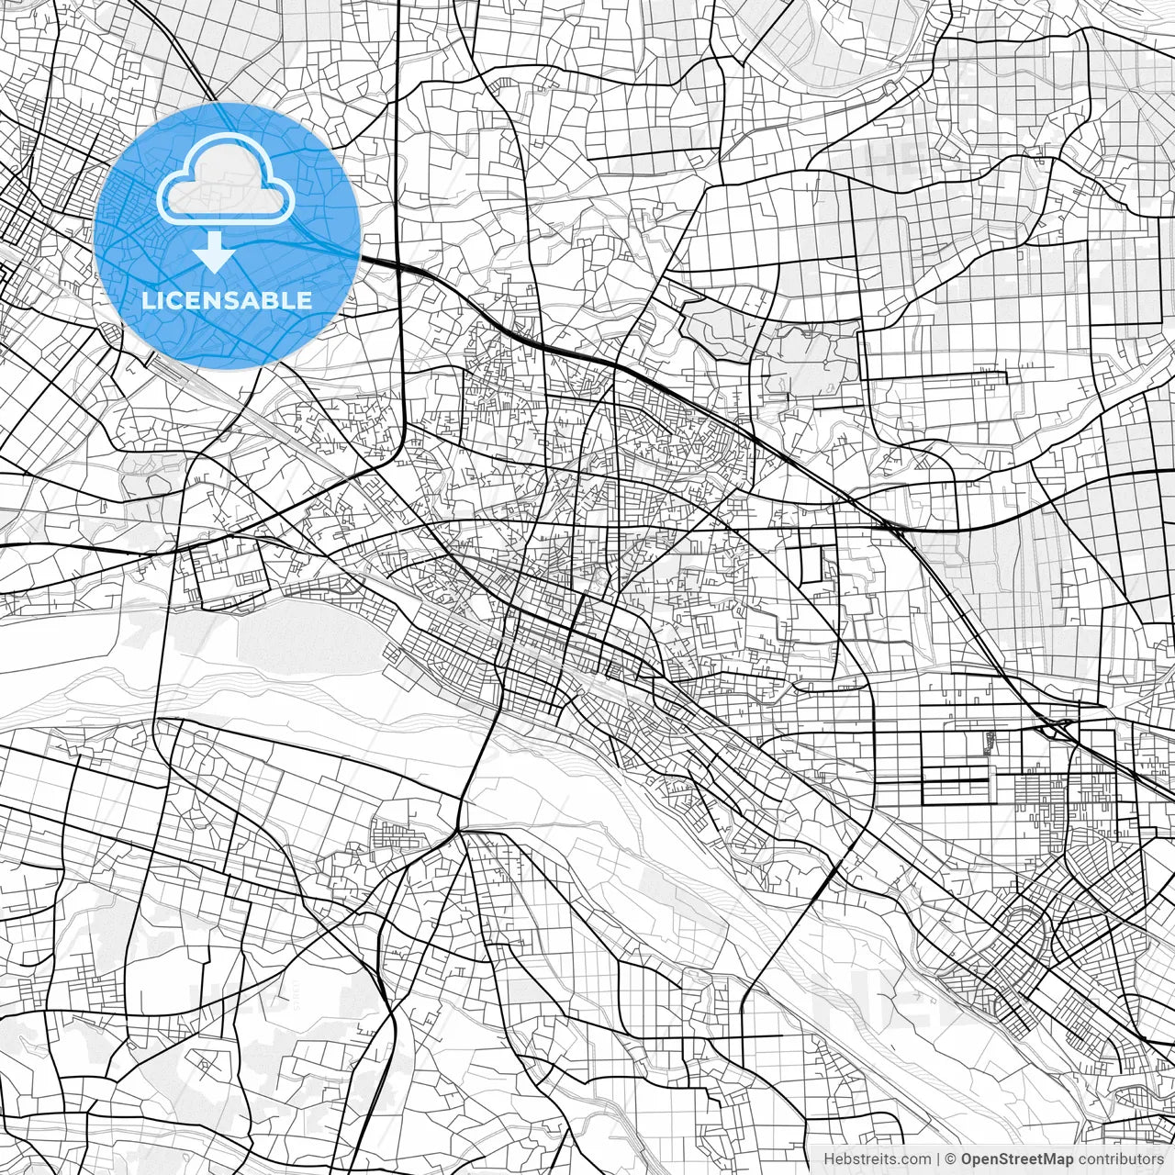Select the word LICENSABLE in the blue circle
click(227, 300)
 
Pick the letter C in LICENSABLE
click(173, 300)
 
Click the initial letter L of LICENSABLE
click(148, 300)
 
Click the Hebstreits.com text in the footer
click(877, 1159)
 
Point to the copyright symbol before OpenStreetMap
click(951, 1159)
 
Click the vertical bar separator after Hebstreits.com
click(938, 1159)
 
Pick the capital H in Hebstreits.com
click(829, 1159)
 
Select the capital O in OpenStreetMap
click(968, 1159)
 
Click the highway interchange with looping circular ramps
click(1058, 728)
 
